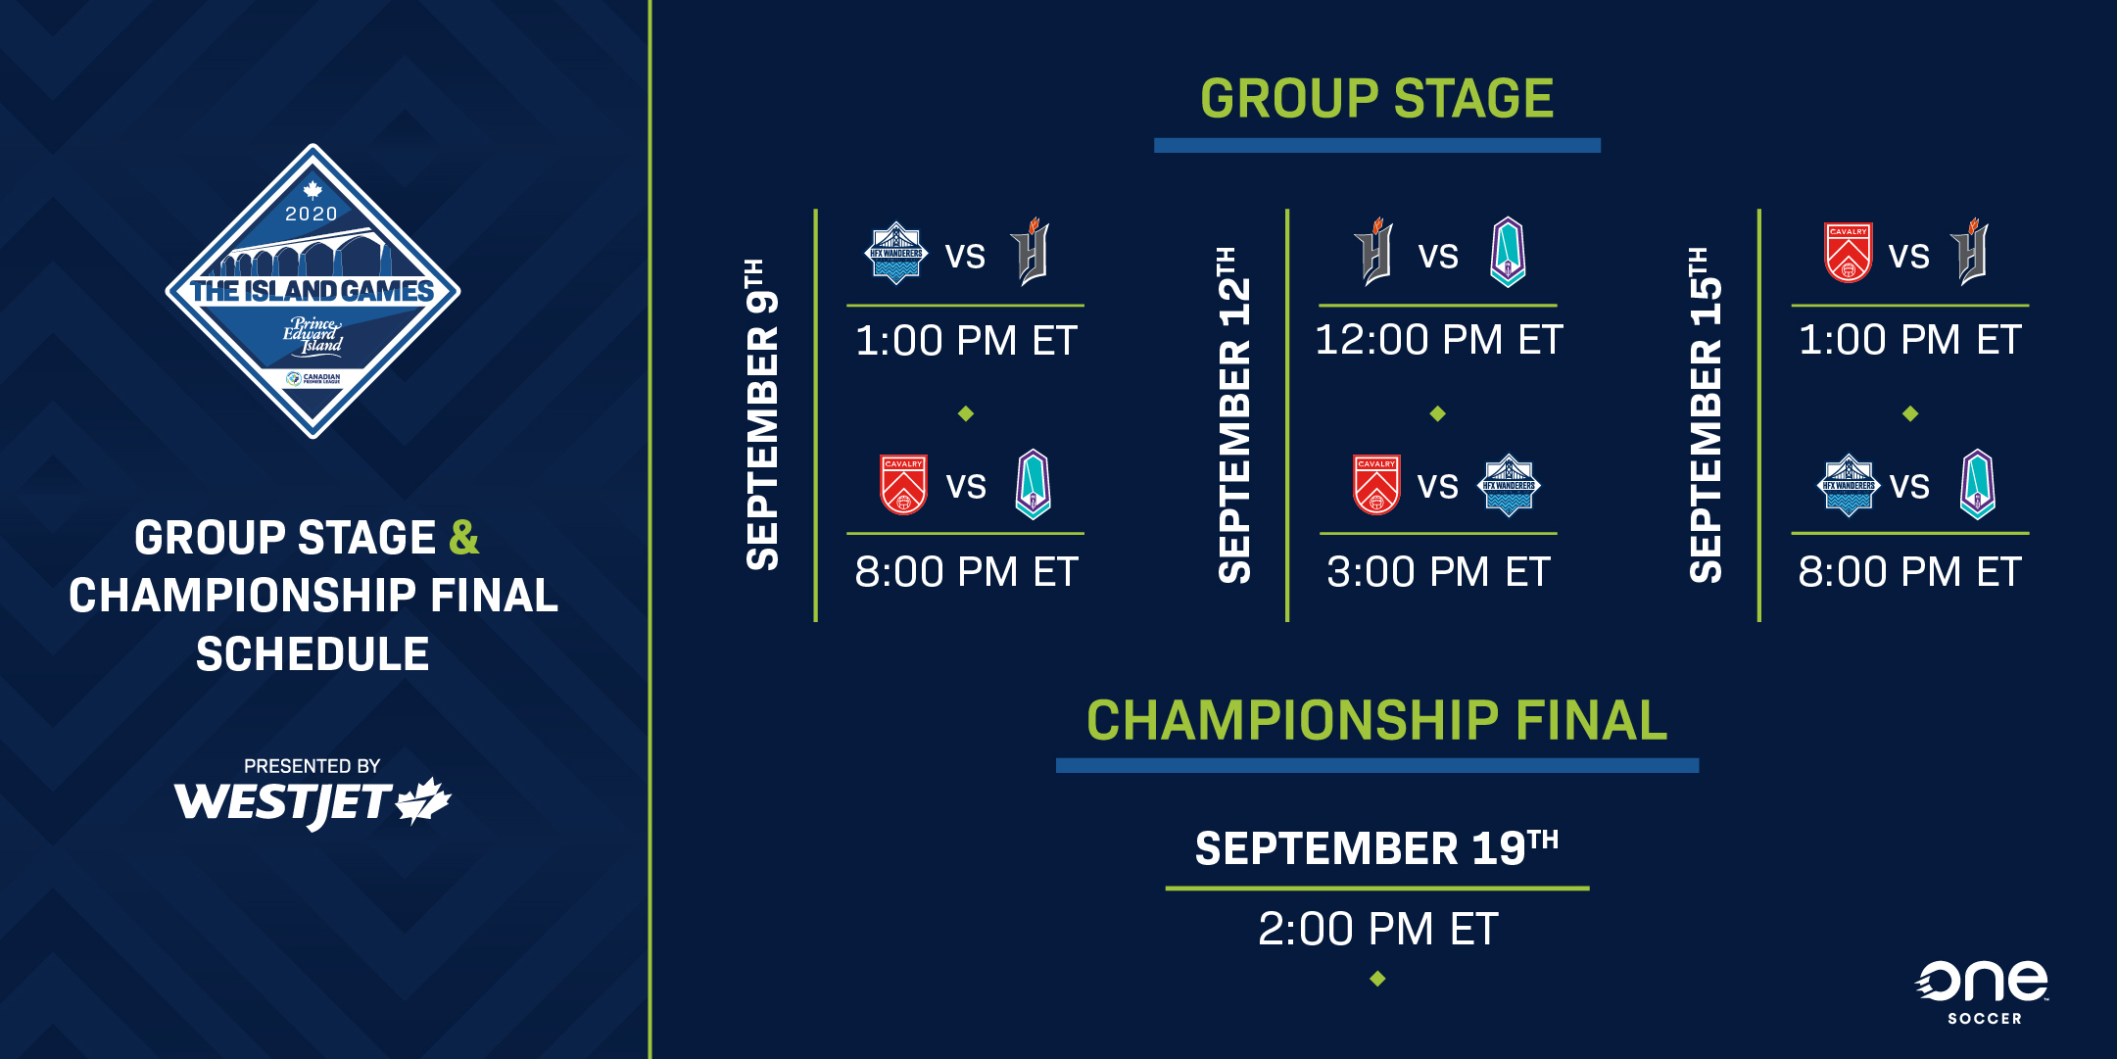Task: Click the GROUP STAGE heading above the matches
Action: pyautogui.click(x=1376, y=99)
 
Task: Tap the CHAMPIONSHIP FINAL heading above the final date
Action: pyautogui.click(x=1376, y=721)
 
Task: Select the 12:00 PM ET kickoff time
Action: pyautogui.click(x=1438, y=340)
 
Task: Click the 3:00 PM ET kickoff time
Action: pyautogui.click(x=1438, y=571)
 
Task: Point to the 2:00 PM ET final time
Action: pyautogui.click(x=1377, y=929)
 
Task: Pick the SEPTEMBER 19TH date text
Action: pyautogui.click(x=1376, y=848)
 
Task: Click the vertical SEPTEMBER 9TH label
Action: pyautogui.click(x=762, y=414)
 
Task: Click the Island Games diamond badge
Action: pyautogui.click(x=313, y=291)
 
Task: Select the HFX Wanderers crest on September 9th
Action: pyautogui.click(x=895, y=253)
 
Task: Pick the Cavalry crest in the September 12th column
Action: pyautogui.click(x=1376, y=484)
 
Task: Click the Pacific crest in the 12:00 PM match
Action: pyautogui.click(x=1508, y=252)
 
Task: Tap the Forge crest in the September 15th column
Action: pyautogui.click(x=1970, y=252)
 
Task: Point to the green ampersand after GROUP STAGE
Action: pyautogui.click(x=464, y=538)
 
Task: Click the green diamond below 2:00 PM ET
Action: pyautogui.click(x=1377, y=979)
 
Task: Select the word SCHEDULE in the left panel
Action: pyautogui.click(x=313, y=654)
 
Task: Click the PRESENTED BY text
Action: pyautogui.click(x=312, y=766)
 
